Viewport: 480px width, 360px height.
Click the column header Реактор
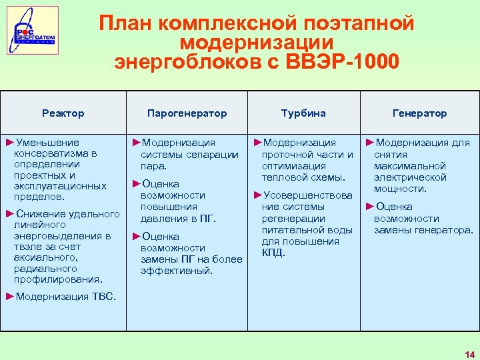point(63,113)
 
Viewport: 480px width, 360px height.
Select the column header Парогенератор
point(187,113)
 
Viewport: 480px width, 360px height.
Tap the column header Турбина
point(303,113)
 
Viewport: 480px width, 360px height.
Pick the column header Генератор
point(419,113)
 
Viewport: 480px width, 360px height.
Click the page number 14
point(469,353)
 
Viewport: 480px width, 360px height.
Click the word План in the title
point(130,23)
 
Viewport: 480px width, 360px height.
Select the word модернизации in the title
point(257,43)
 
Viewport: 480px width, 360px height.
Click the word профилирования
point(57,279)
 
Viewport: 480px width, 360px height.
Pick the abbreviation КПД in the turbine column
point(273,253)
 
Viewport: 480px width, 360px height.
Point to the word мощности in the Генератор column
point(400,189)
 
